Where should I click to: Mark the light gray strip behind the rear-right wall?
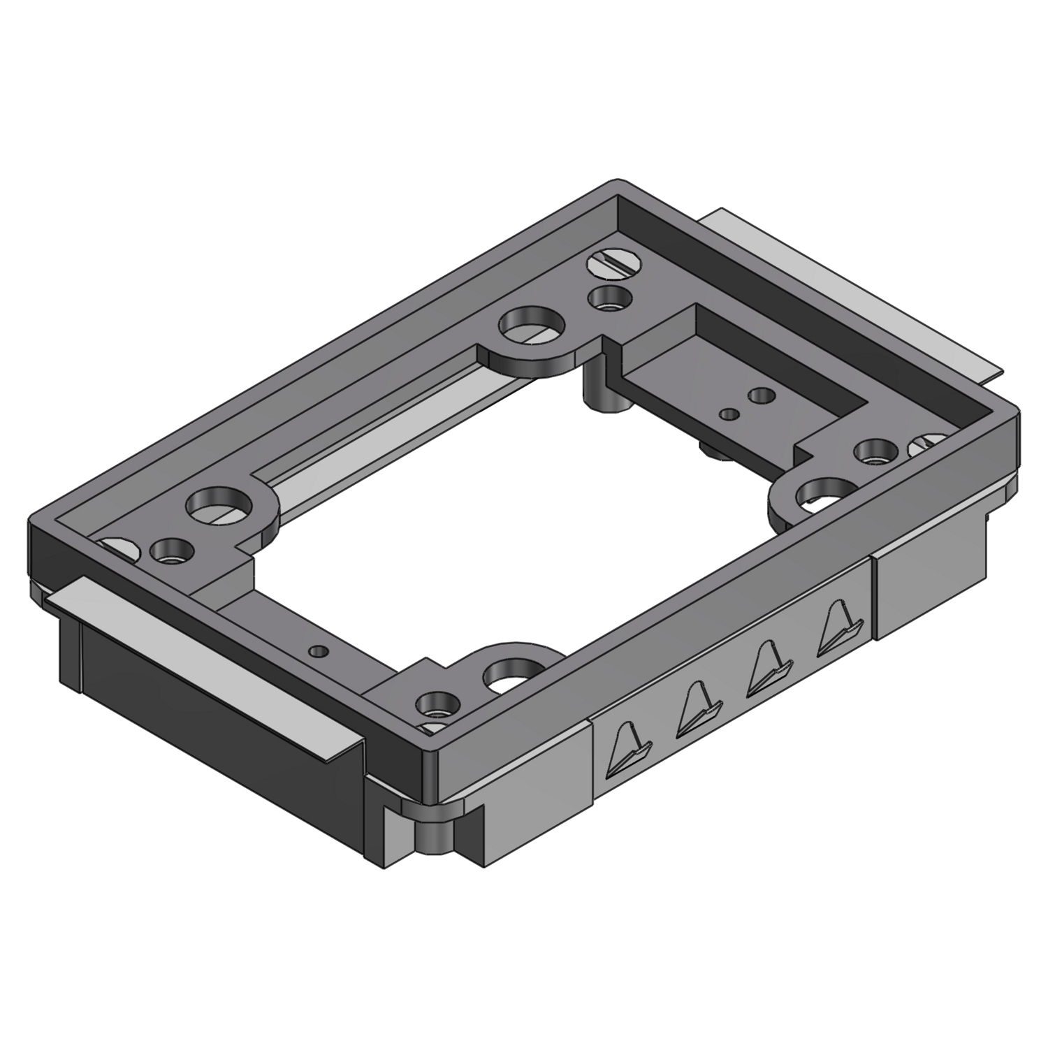(x=853, y=294)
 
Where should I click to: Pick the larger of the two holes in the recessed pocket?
(x=761, y=396)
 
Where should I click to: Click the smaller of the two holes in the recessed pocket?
(x=729, y=414)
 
